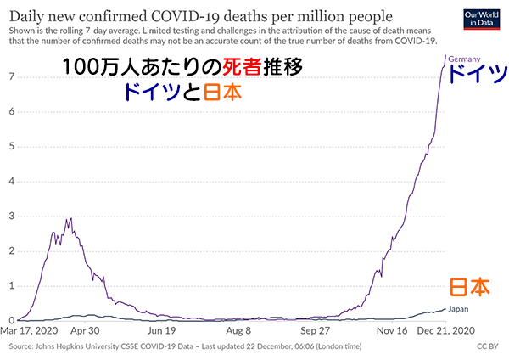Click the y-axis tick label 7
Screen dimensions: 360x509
tap(9, 76)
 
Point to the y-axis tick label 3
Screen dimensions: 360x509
tap(9, 217)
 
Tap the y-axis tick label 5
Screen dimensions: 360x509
tap(9, 146)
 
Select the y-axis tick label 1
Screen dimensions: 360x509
tap(9, 286)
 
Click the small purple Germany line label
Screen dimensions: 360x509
tap(465, 59)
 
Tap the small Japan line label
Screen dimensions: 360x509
tap(458, 309)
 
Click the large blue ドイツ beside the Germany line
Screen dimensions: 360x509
tap(475, 74)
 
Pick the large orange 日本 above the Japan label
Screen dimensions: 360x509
tap(468, 287)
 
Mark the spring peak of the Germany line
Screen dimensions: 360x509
tap(68, 219)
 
